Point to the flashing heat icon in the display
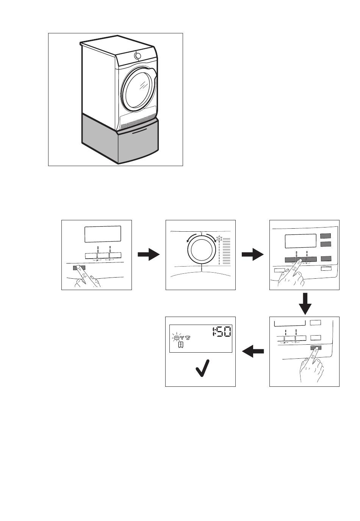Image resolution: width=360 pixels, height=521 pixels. coord(176,337)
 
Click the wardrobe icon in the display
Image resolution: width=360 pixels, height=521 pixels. coord(181,345)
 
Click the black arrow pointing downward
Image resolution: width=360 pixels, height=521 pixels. coord(304,303)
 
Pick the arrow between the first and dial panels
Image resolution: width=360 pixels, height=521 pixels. coord(148,255)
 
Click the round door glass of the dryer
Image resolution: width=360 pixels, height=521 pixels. coord(138,92)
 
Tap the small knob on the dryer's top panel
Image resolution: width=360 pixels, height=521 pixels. coord(138,56)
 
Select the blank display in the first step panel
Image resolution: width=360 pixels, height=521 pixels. coord(103,234)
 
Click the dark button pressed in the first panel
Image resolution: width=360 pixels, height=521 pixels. coord(79,268)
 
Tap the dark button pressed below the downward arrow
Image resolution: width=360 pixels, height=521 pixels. coord(315,348)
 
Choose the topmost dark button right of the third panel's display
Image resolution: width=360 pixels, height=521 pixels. coord(326,236)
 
